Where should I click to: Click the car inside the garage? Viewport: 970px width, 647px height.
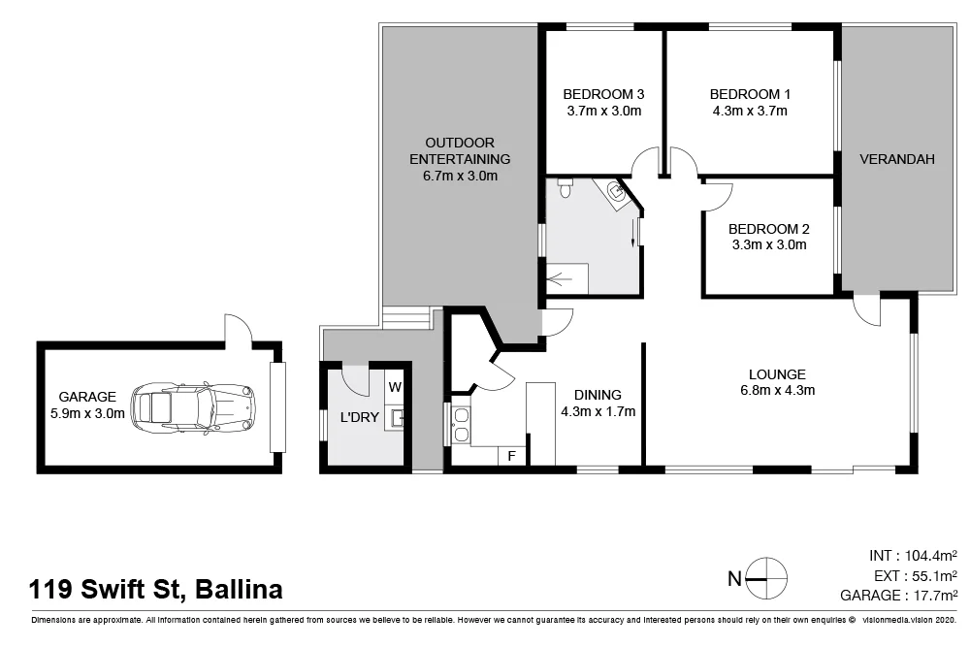(193, 405)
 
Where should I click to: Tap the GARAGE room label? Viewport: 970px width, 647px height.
(87, 397)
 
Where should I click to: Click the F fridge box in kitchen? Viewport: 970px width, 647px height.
(511, 455)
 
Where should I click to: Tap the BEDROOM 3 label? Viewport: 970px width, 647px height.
(603, 94)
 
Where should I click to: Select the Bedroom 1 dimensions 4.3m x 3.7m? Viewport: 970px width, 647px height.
(750, 111)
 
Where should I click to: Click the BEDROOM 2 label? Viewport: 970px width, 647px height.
(768, 229)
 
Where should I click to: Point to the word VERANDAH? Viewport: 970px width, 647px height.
(896, 159)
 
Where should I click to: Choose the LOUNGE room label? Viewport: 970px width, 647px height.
(777, 374)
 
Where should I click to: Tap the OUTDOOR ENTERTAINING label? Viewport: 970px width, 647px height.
(460, 150)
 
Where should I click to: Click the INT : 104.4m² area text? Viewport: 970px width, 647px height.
(913, 556)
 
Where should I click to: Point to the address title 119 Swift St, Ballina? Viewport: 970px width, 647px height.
(156, 589)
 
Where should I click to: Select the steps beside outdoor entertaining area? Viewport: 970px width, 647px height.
(405, 317)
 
